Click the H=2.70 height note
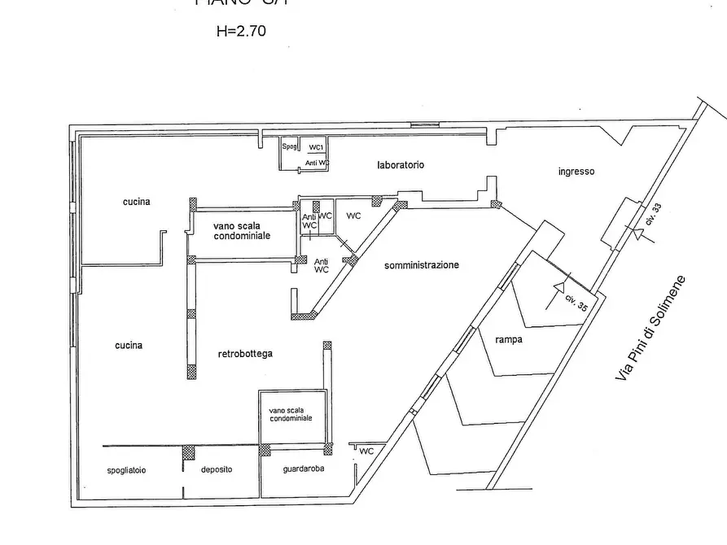click(x=240, y=33)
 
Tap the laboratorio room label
click(x=401, y=165)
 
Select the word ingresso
click(x=576, y=172)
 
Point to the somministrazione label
click(x=423, y=265)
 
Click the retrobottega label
click(x=245, y=354)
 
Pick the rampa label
click(x=509, y=340)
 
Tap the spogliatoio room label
click(x=126, y=470)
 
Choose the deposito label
click(x=217, y=470)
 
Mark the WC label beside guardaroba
click(x=367, y=451)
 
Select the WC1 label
click(x=317, y=147)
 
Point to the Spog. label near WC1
click(x=290, y=147)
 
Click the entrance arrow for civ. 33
click(x=641, y=236)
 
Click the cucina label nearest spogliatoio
click(x=129, y=346)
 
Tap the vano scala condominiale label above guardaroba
click(x=291, y=415)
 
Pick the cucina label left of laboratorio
click(x=137, y=202)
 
